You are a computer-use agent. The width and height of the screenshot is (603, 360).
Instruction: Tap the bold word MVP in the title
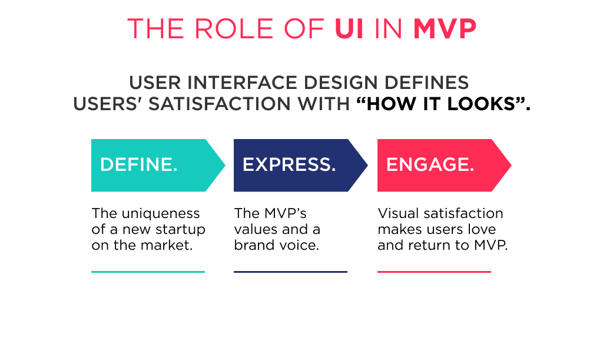pos(445,28)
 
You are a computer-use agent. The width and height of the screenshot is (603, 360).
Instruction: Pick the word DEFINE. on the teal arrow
pos(139,165)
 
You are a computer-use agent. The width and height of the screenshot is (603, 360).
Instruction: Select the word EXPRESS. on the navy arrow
pos(289,165)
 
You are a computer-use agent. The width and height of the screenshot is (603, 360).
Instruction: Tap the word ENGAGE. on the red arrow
pos(430,165)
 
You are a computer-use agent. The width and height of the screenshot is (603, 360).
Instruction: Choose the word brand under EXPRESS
pos(254,245)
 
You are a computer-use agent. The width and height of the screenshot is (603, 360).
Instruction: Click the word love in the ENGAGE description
pos(483,229)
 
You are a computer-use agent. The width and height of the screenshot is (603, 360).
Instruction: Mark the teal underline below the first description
pos(148,272)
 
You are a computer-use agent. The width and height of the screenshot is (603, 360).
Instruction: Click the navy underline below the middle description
pos(290,272)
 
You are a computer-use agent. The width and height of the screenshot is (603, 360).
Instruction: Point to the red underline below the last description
pos(434,272)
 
